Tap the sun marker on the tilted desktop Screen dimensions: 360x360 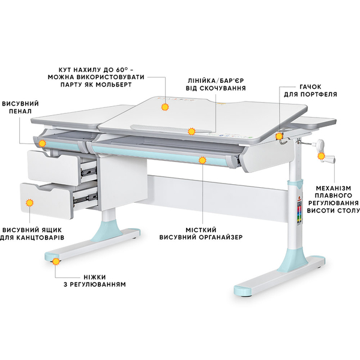[165, 107]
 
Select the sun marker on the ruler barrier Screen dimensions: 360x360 [191, 131]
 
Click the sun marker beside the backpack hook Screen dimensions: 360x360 [279, 136]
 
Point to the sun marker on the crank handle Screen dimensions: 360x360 [321, 157]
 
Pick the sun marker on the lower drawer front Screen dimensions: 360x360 [29, 203]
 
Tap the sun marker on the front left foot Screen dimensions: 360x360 [56, 261]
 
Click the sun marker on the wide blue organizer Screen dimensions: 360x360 [202, 160]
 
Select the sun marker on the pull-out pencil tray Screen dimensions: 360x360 [42, 143]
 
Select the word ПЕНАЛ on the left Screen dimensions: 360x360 [20, 112]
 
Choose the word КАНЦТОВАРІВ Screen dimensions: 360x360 [41, 238]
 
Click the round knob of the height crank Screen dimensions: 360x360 [321, 145]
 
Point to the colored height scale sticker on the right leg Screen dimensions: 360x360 [299, 212]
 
